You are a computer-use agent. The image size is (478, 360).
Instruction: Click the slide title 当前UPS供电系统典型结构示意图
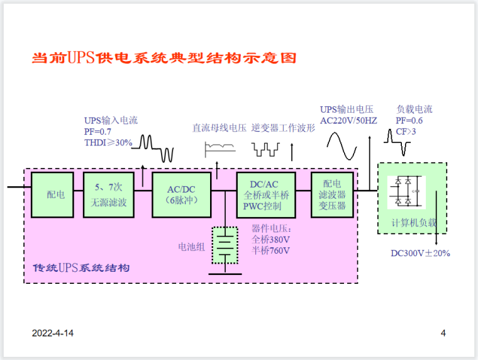pos(164,59)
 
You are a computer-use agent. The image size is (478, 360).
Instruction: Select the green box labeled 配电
pos(55,194)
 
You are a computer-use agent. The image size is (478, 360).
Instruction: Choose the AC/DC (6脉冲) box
pos(181,194)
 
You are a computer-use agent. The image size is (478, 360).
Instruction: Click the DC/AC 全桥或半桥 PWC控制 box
pos(265,194)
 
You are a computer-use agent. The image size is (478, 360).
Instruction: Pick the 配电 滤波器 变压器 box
pos(332,194)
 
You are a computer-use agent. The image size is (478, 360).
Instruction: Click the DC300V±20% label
pos(420,253)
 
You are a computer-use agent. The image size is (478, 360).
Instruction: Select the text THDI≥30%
pos(108,143)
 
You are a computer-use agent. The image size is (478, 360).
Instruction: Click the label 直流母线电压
pos(219,128)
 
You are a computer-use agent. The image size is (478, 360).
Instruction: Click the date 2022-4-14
pos(53,333)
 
